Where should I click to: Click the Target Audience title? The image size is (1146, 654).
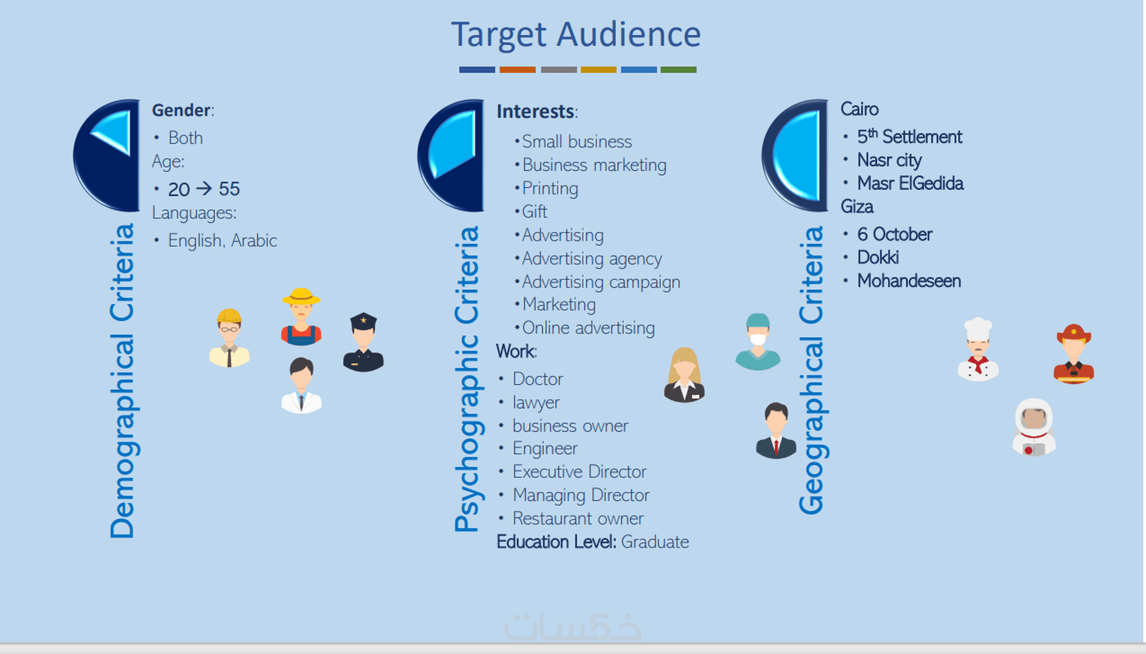point(576,35)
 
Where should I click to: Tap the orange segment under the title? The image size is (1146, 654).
point(517,69)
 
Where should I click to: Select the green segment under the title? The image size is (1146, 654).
point(678,69)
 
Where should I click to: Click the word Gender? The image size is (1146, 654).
point(181,110)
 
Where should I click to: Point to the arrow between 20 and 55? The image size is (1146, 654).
point(204,189)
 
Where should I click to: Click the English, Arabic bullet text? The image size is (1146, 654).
point(222,240)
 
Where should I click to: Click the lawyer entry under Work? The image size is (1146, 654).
point(536,403)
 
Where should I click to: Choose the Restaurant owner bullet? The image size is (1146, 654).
point(578,518)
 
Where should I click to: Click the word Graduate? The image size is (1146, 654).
point(655,542)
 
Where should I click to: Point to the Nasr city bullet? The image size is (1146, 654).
point(889,160)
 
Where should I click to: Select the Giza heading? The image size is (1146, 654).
point(857,207)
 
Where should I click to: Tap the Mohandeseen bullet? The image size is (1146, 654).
point(909,281)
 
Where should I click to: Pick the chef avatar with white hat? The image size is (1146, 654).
point(977,349)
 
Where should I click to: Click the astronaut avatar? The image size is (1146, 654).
point(1034,427)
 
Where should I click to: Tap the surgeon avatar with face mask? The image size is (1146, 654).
point(758,342)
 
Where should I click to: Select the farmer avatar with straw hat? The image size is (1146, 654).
point(301,316)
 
